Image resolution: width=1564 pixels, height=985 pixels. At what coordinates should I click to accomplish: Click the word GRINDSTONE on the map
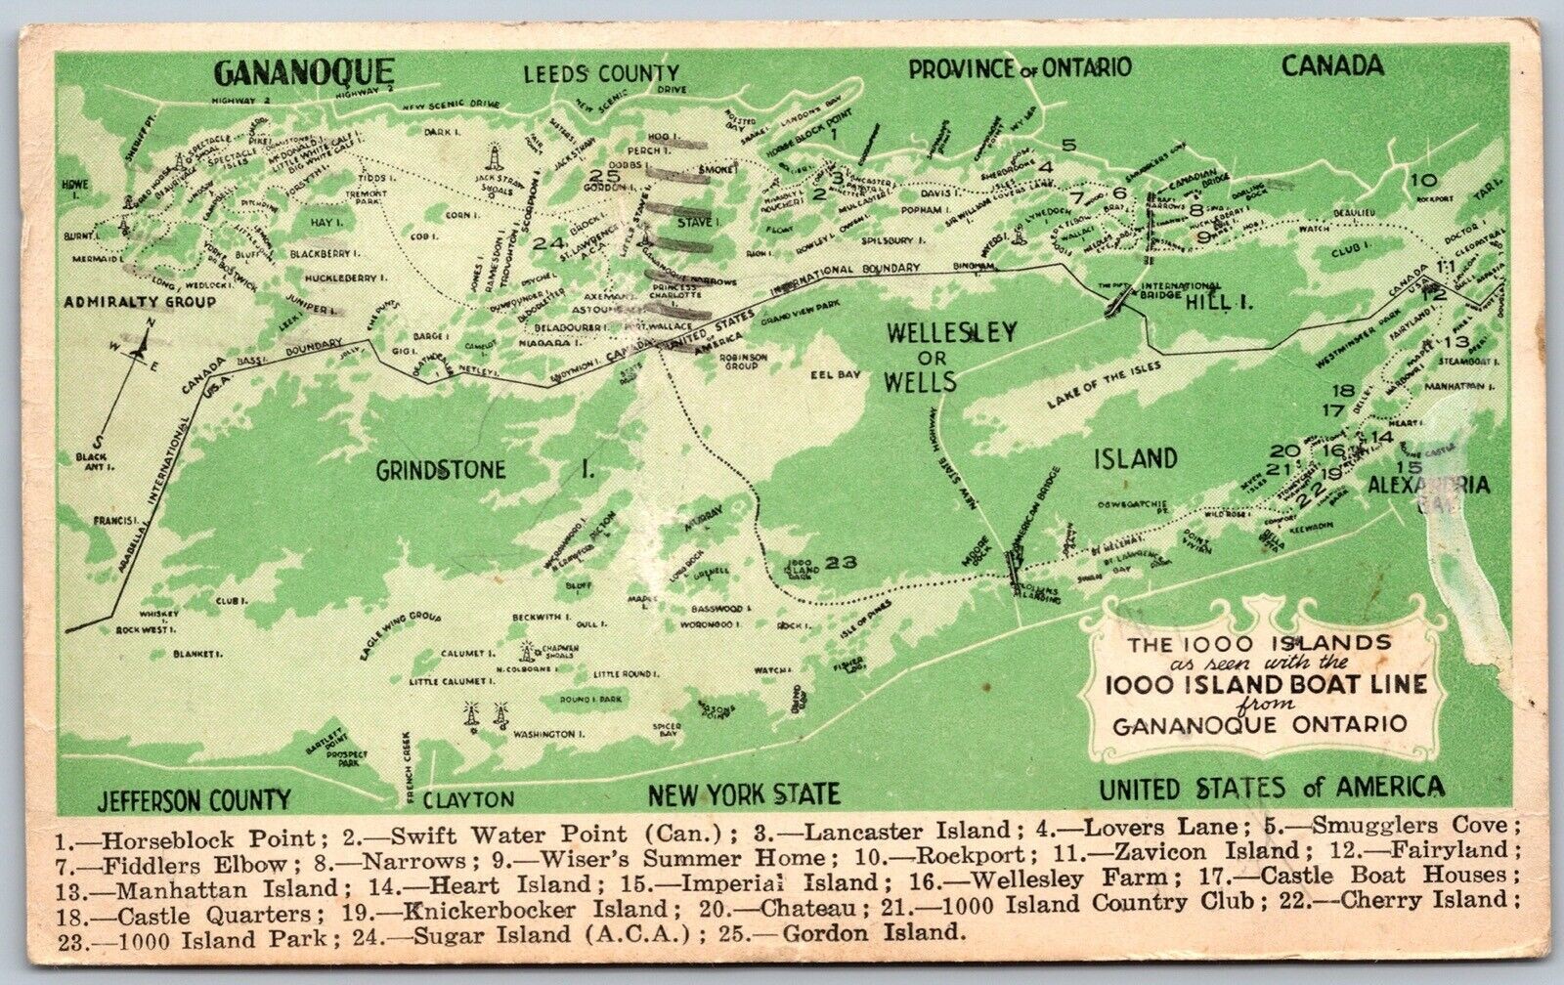click(x=441, y=470)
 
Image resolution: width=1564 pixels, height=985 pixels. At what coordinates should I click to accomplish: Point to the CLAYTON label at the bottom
click(x=469, y=798)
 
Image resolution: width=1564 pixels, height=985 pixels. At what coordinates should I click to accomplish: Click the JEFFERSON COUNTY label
click(x=193, y=798)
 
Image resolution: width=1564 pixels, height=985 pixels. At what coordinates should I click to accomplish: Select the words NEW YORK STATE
click(x=743, y=792)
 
